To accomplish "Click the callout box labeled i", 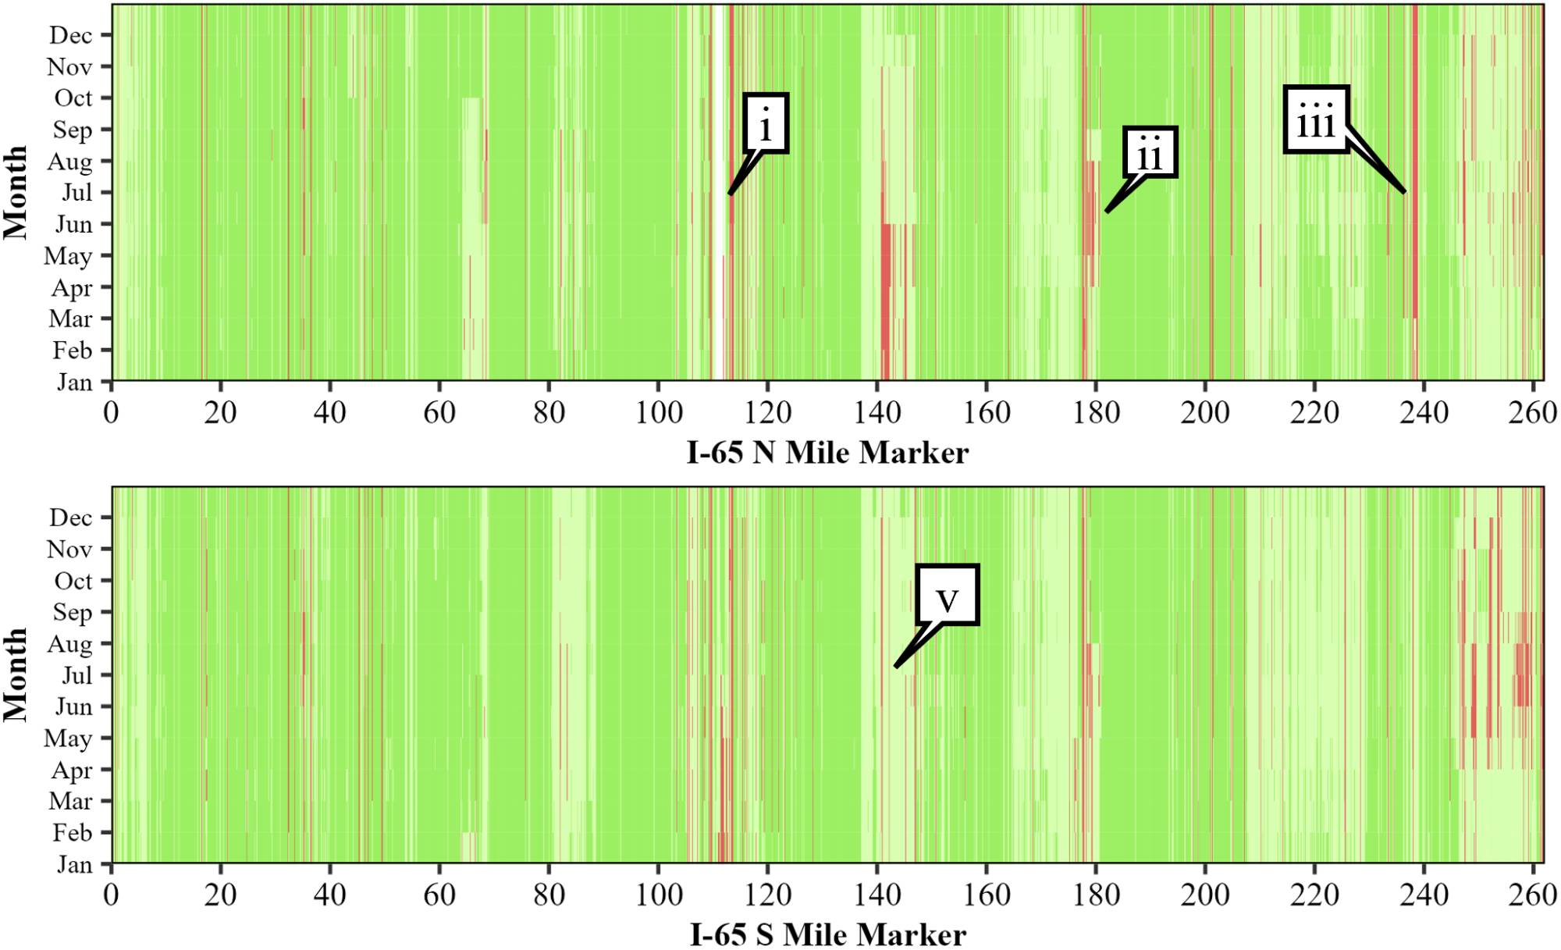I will [x=766, y=123].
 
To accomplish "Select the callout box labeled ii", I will [x=1150, y=152].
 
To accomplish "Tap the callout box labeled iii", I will [x=1316, y=119].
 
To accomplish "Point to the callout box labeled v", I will [x=947, y=595].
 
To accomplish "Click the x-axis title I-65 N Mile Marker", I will [x=827, y=452].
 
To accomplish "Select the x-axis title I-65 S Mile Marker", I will [x=827, y=934].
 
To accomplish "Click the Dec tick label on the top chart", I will [x=70, y=35].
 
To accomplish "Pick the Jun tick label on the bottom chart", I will [x=73, y=706].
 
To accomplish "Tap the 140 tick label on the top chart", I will [x=877, y=412].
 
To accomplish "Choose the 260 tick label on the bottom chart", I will [x=1532, y=895].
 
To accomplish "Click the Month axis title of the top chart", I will [x=16, y=192].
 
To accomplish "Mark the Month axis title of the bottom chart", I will [x=16, y=674].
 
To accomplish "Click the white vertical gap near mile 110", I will [x=717, y=195].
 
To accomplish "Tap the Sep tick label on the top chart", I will [x=72, y=130].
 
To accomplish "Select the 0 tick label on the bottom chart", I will [x=111, y=895].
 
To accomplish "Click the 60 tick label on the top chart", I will [x=439, y=412].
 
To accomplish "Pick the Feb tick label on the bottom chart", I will [x=72, y=833].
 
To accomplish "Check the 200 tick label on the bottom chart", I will [x=1205, y=895].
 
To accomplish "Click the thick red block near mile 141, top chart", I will [x=886, y=297].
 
